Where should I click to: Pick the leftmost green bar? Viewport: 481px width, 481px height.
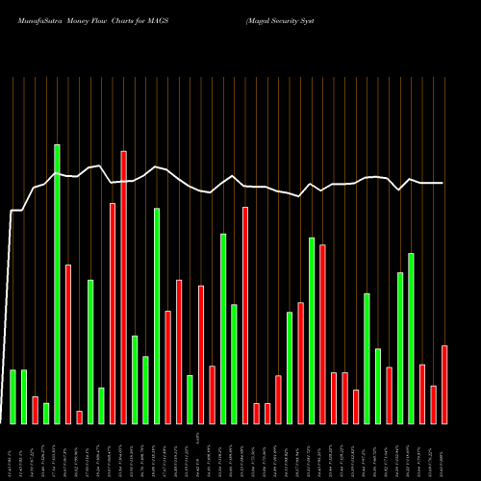pyautogui.click(x=13, y=396)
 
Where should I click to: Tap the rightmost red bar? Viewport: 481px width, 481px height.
pyautogui.click(x=444, y=385)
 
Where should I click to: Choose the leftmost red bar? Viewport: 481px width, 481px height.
pyautogui.click(x=35, y=410)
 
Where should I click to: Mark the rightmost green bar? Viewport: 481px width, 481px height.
pyautogui.click(x=412, y=338)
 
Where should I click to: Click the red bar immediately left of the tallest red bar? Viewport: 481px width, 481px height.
pyautogui.click(x=113, y=313)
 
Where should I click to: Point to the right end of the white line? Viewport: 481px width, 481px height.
pyautogui.click(x=443, y=183)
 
